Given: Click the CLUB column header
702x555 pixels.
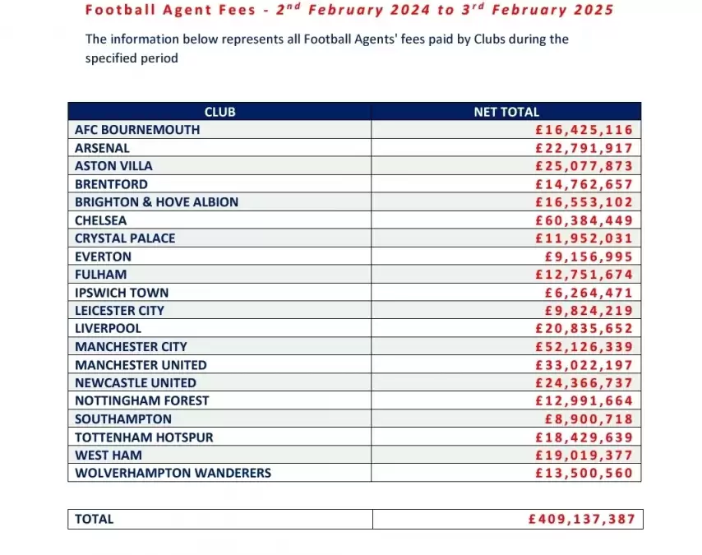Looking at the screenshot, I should tap(219, 112).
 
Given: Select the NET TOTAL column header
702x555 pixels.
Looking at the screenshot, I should tap(506, 112).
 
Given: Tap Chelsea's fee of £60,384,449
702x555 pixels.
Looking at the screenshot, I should tap(584, 220).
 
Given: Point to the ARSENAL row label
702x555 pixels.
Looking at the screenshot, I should tap(102, 148).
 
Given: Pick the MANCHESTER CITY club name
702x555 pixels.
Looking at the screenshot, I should tap(131, 347).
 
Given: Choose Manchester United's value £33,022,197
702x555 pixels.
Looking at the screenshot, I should tap(584, 365).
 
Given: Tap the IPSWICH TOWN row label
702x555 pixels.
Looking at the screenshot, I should tap(121, 293).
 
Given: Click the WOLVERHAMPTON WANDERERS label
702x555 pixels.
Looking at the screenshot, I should tap(173, 473).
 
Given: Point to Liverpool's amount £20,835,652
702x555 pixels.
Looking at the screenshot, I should tap(584, 329).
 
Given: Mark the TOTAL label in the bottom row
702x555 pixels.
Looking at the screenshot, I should tap(94, 519).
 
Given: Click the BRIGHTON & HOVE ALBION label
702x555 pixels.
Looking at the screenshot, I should tap(156, 202).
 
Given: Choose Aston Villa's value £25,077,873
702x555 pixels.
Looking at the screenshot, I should tap(584, 166).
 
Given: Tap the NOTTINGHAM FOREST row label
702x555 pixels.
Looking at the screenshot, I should tap(141, 400).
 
